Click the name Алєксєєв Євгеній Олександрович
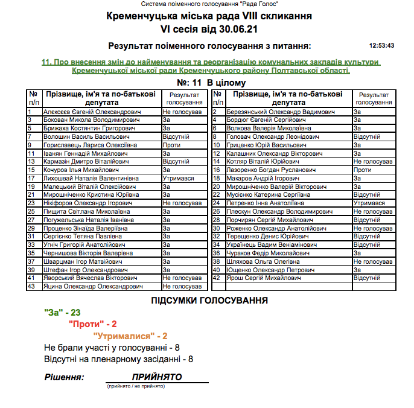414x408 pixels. pyautogui.click(x=92, y=112)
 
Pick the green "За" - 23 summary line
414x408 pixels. pyautogui.click(x=62, y=313)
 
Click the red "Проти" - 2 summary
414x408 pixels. pyautogui.click(x=92, y=324)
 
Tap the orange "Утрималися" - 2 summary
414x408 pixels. pyautogui.click(x=130, y=336)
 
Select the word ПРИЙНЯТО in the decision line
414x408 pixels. pyautogui.click(x=157, y=377)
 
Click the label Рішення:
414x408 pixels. pyautogui.click(x=64, y=377)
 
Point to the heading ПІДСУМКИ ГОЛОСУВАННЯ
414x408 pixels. pyautogui.click(x=209, y=300)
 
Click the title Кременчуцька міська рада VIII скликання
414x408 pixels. pyautogui.click(x=208, y=17)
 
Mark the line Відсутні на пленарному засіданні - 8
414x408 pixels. pyautogui.click(x=118, y=359)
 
